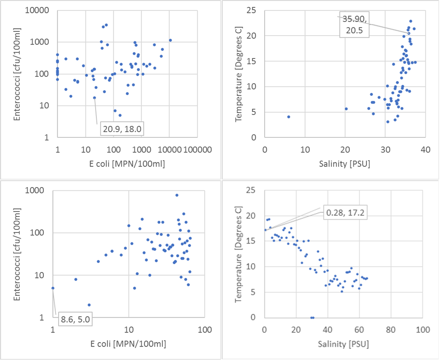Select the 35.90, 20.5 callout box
click(354, 26)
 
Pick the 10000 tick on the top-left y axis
click(39, 10)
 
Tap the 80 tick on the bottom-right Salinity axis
click(391, 329)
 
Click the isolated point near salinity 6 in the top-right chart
click(289, 117)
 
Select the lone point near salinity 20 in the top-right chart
click(346, 109)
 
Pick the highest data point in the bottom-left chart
click(177, 195)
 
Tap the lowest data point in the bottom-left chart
click(89, 305)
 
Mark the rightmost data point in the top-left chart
click(170, 40)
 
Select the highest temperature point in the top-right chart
click(410, 21)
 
